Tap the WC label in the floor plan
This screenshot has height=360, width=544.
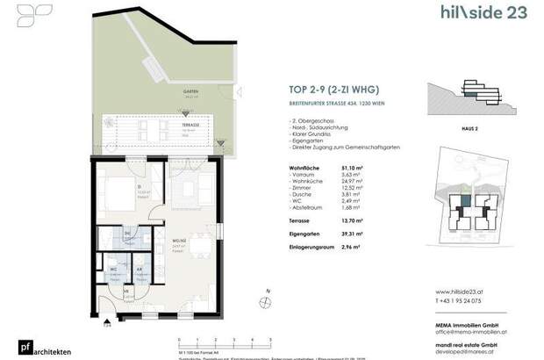coord(114,269)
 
